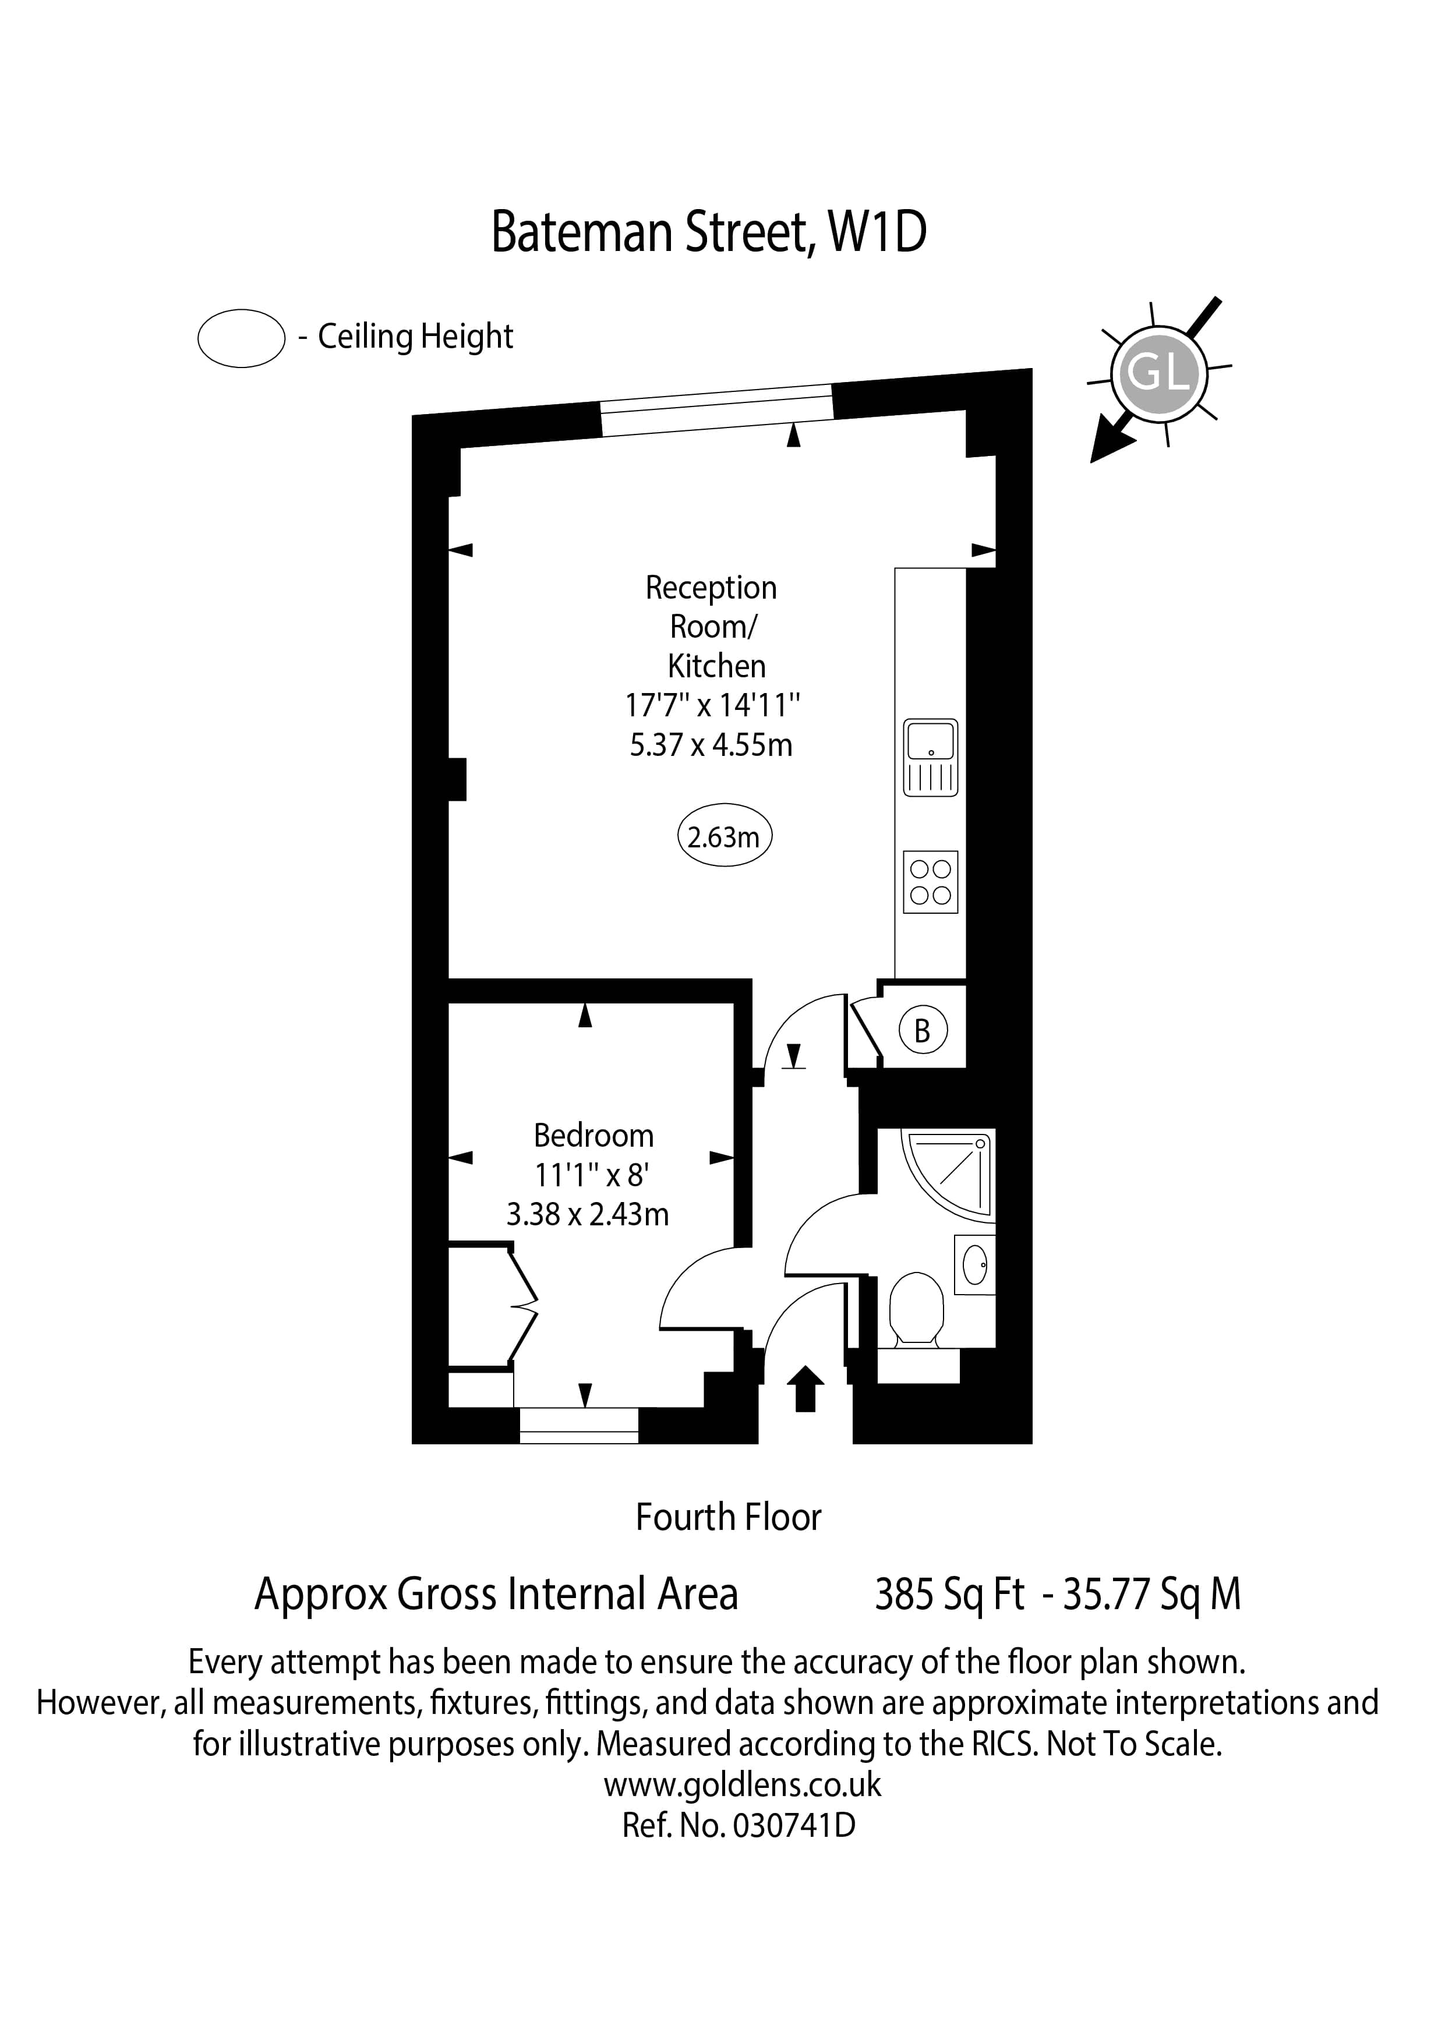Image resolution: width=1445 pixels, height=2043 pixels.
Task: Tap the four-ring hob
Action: coord(931,882)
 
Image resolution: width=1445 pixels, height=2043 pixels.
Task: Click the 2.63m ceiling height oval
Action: coord(725,836)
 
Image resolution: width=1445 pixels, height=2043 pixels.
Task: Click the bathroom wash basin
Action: coord(975,1264)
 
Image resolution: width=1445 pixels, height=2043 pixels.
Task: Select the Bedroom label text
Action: coord(593,1136)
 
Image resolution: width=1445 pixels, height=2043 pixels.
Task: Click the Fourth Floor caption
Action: coord(728,1517)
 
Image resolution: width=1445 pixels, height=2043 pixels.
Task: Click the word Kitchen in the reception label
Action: coord(716,666)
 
